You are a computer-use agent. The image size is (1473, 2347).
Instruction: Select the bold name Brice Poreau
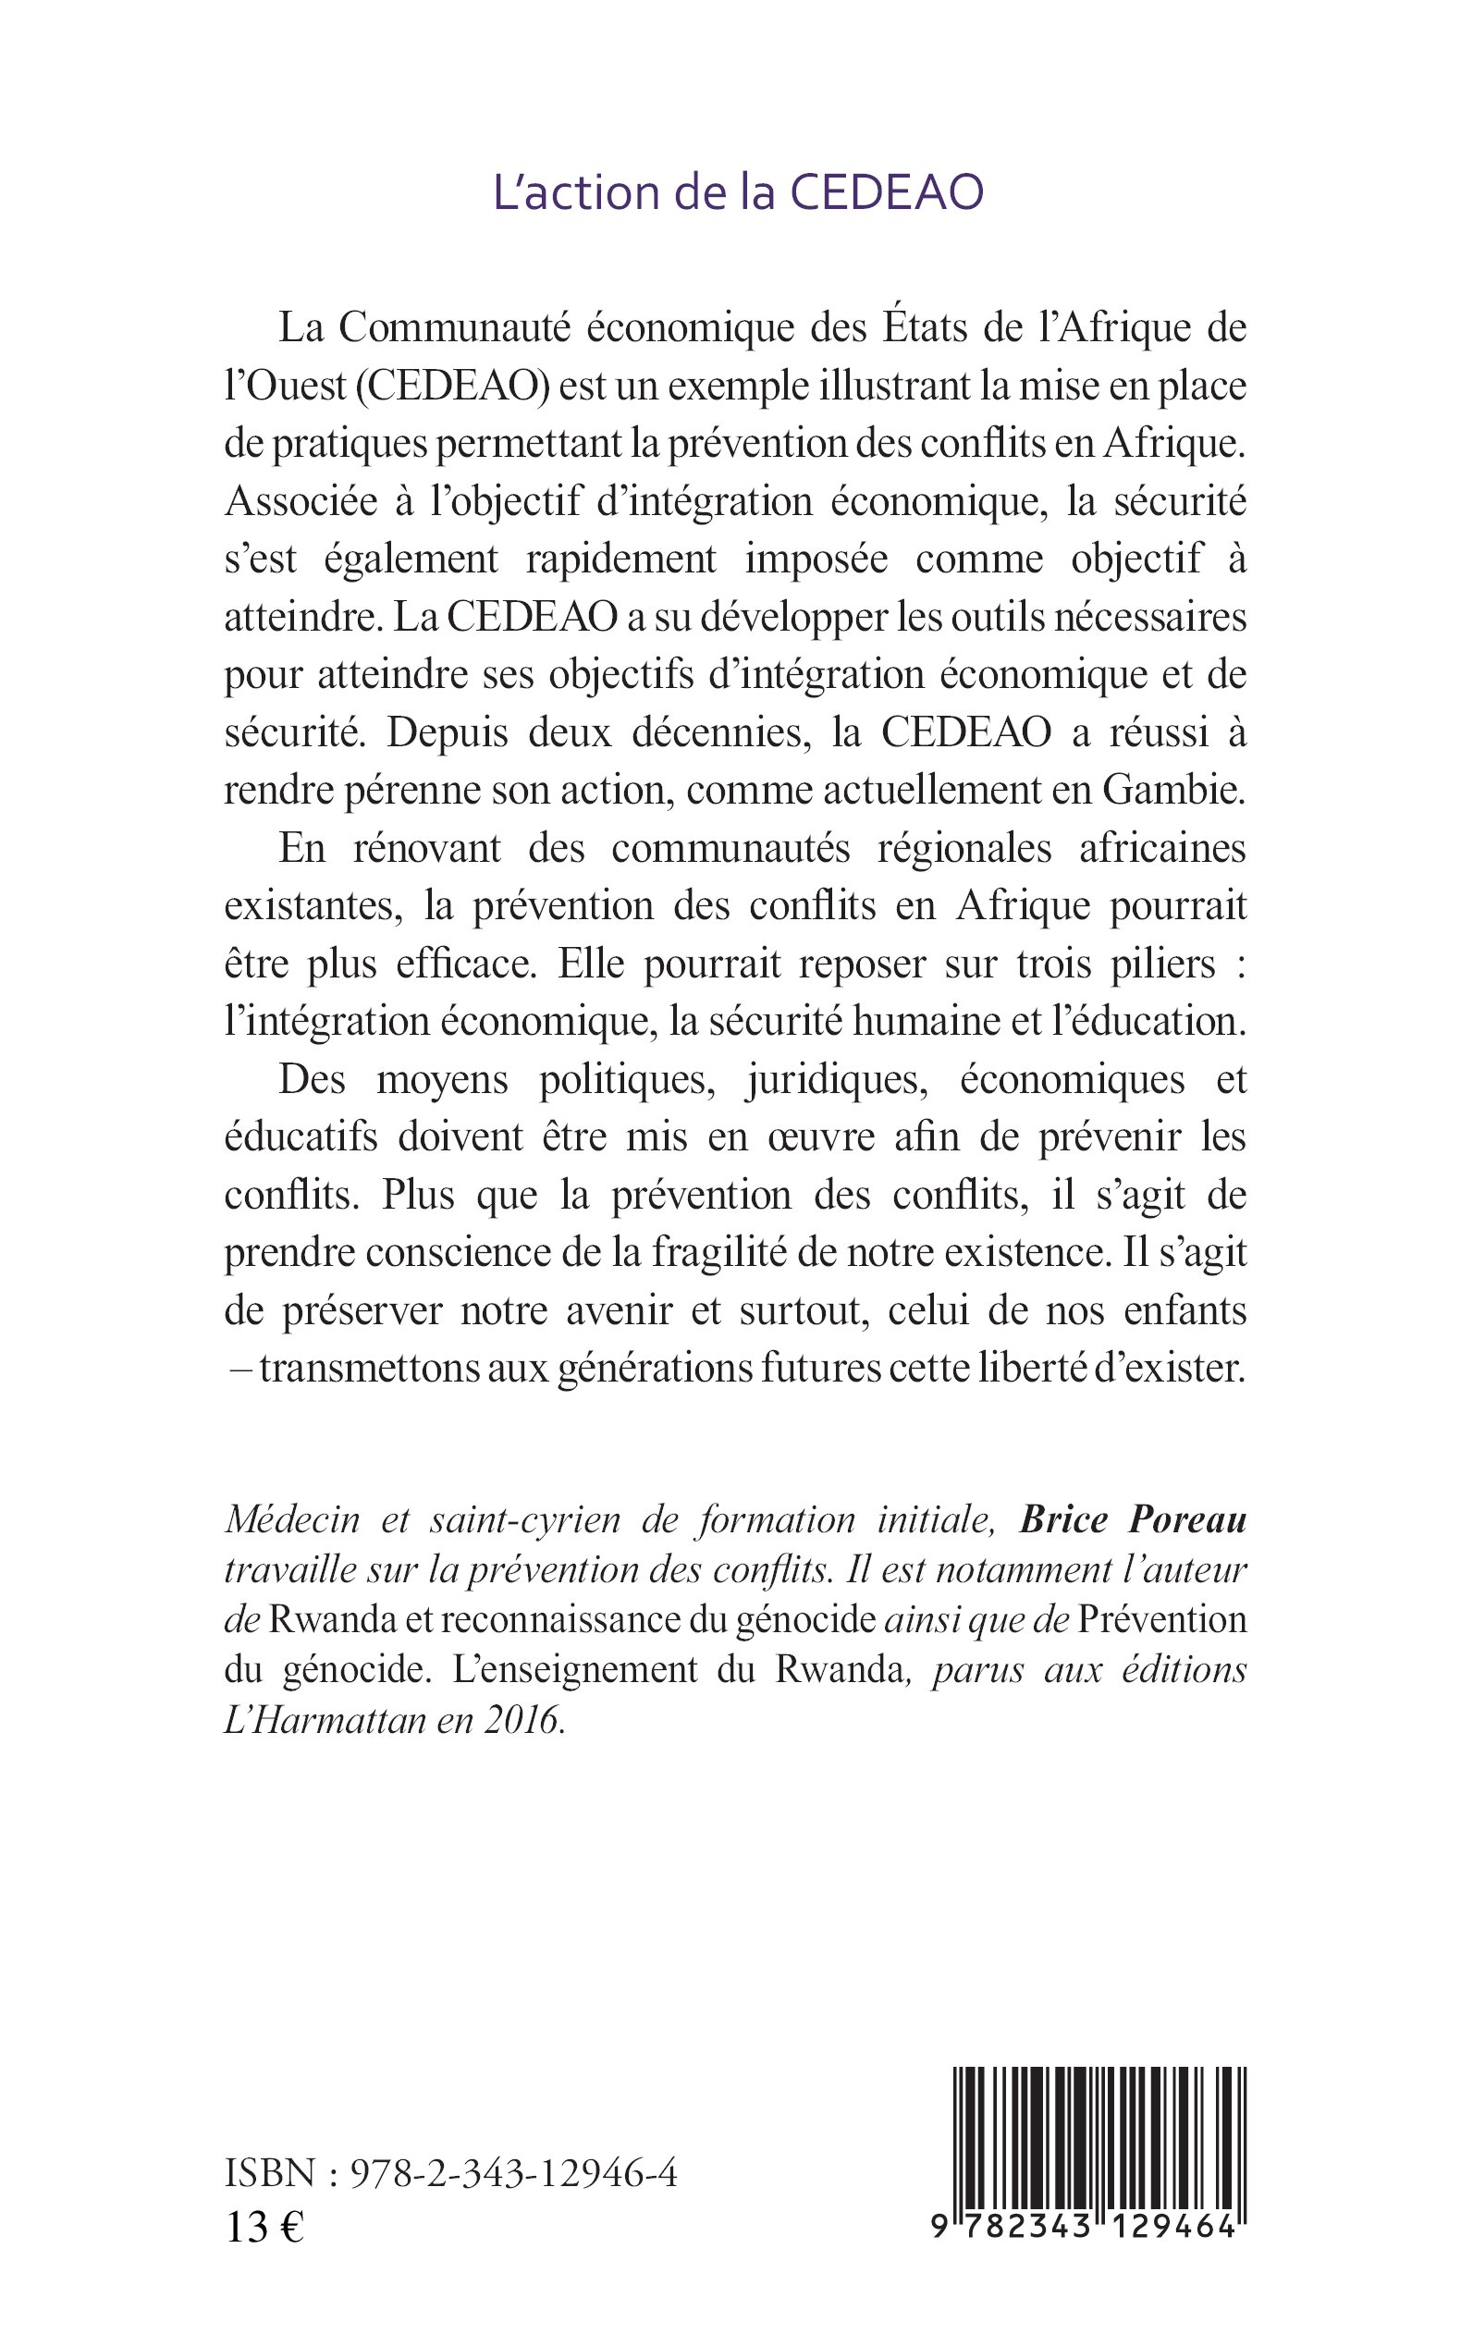pyautogui.click(x=1132, y=1521)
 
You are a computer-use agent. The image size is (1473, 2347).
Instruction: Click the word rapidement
pyautogui.click(x=620, y=559)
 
